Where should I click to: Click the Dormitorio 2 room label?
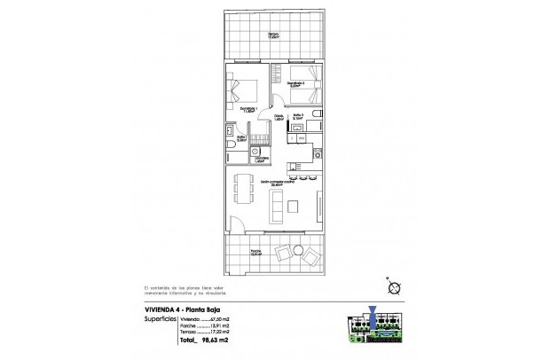pyautogui.click(x=297, y=85)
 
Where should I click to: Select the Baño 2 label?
pyautogui.click(x=300, y=116)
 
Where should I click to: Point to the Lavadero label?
pyautogui.click(x=261, y=160)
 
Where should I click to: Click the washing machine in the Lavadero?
pyautogui.click(x=257, y=151)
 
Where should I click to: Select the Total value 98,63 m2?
pyautogui.click(x=200, y=340)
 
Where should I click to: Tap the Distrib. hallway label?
pyautogui.click(x=278, y=116)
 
